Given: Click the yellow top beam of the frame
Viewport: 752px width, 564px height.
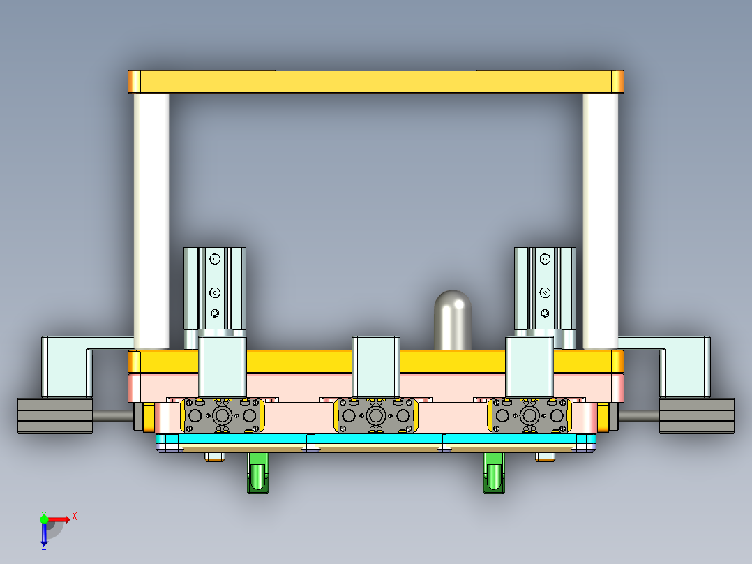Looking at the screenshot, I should [375, 82].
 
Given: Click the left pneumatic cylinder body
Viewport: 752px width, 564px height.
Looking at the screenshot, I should [215, 286].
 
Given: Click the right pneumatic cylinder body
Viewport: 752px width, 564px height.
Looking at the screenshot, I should [545, 286].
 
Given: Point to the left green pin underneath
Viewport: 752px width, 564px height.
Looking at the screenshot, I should [258, 473].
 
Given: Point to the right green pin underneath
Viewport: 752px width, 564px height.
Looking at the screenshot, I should [494, 473].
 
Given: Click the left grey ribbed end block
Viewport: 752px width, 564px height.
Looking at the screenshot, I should [54, 416].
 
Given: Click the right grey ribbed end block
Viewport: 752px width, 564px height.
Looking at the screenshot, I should [697, 416].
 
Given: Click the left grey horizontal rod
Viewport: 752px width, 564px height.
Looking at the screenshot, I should [112, 416].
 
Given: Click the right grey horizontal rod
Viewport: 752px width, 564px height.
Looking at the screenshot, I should [638, 416].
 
